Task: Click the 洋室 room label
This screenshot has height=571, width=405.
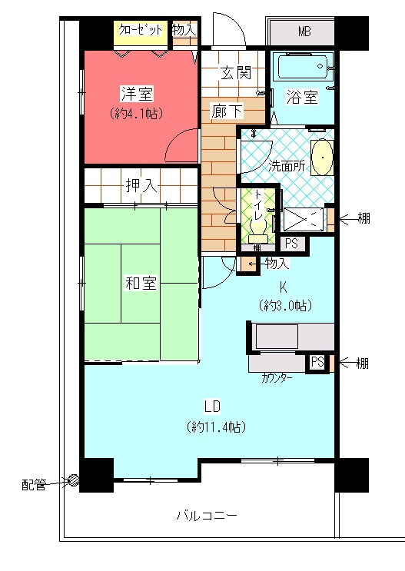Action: (x=138, y=94)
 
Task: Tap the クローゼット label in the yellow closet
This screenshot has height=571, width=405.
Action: (x=141, y=29)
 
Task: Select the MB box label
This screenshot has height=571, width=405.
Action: (x=304, y=32)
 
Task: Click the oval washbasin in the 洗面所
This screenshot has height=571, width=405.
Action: (x=322, y=158)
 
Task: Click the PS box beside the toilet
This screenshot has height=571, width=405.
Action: (x=291, y=244)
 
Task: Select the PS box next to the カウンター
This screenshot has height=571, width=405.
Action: (x=317, y=362)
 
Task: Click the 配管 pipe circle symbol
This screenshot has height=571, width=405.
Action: (x=74, y=480)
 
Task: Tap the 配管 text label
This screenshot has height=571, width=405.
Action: (x=34, y=485)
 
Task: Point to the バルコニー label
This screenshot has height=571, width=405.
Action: (x=207, y=516)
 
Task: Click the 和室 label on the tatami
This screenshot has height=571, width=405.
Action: (x=141, y=283)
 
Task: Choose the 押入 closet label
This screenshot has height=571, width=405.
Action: (x=141, y=185)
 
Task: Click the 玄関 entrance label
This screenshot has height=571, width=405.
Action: (x=236, y=73)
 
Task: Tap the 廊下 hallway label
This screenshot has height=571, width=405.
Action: (x=227, y=111)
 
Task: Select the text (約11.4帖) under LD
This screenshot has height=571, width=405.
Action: (x=216, y=427)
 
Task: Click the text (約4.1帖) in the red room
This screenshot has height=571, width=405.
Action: (x=136, y=114)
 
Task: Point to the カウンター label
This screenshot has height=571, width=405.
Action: (x=277, y=378)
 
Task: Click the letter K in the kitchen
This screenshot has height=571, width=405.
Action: (x=284, y=287)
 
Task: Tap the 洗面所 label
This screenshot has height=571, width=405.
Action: (x=287, y=166)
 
